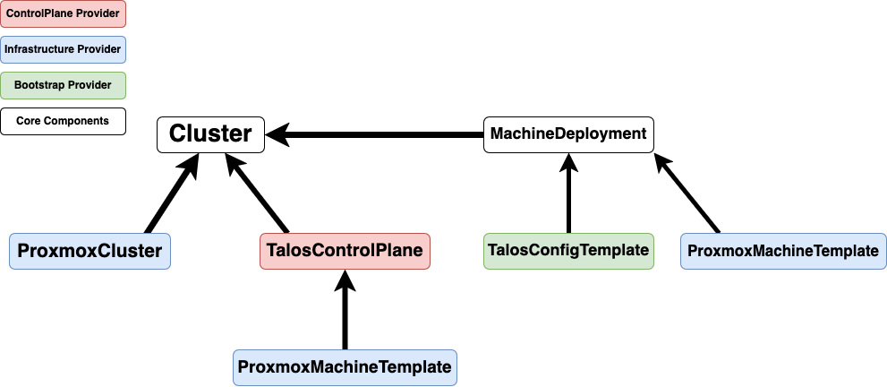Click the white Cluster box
pyautogui.click(x=210, y=134)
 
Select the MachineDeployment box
pyautogui.click(x=568, y=134)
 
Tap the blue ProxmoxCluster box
pyautogui.click(x=90, y=251)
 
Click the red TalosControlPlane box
pyautogui.click(x=345, y=251)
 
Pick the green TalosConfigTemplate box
pyautogui.click(x=568, y=251)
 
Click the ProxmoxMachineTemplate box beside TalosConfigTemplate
pyautogui.click(x=783, y=251)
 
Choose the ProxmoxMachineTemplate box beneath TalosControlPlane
pyautogui.click(x=345, y=367)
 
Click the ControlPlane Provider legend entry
pyautogui.click(x=63, y=13)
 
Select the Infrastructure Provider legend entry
pyautogui.click(x=63, y=49)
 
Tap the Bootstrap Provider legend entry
pyautogui.click(x=63, y=85)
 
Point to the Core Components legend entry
pyautogui.click(x=63, y=121)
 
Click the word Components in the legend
pyautogui.click(x=80, y=121)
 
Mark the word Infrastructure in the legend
pyautogui.click(x=38, y=49)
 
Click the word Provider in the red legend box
pyautogui.click(x=98, y=13)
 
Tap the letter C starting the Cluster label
pyautogui.click(x=176, y=134)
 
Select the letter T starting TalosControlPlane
pyautogui.click(x=271, y=251)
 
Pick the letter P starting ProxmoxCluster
pyautogui.click(x=23, y=251)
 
